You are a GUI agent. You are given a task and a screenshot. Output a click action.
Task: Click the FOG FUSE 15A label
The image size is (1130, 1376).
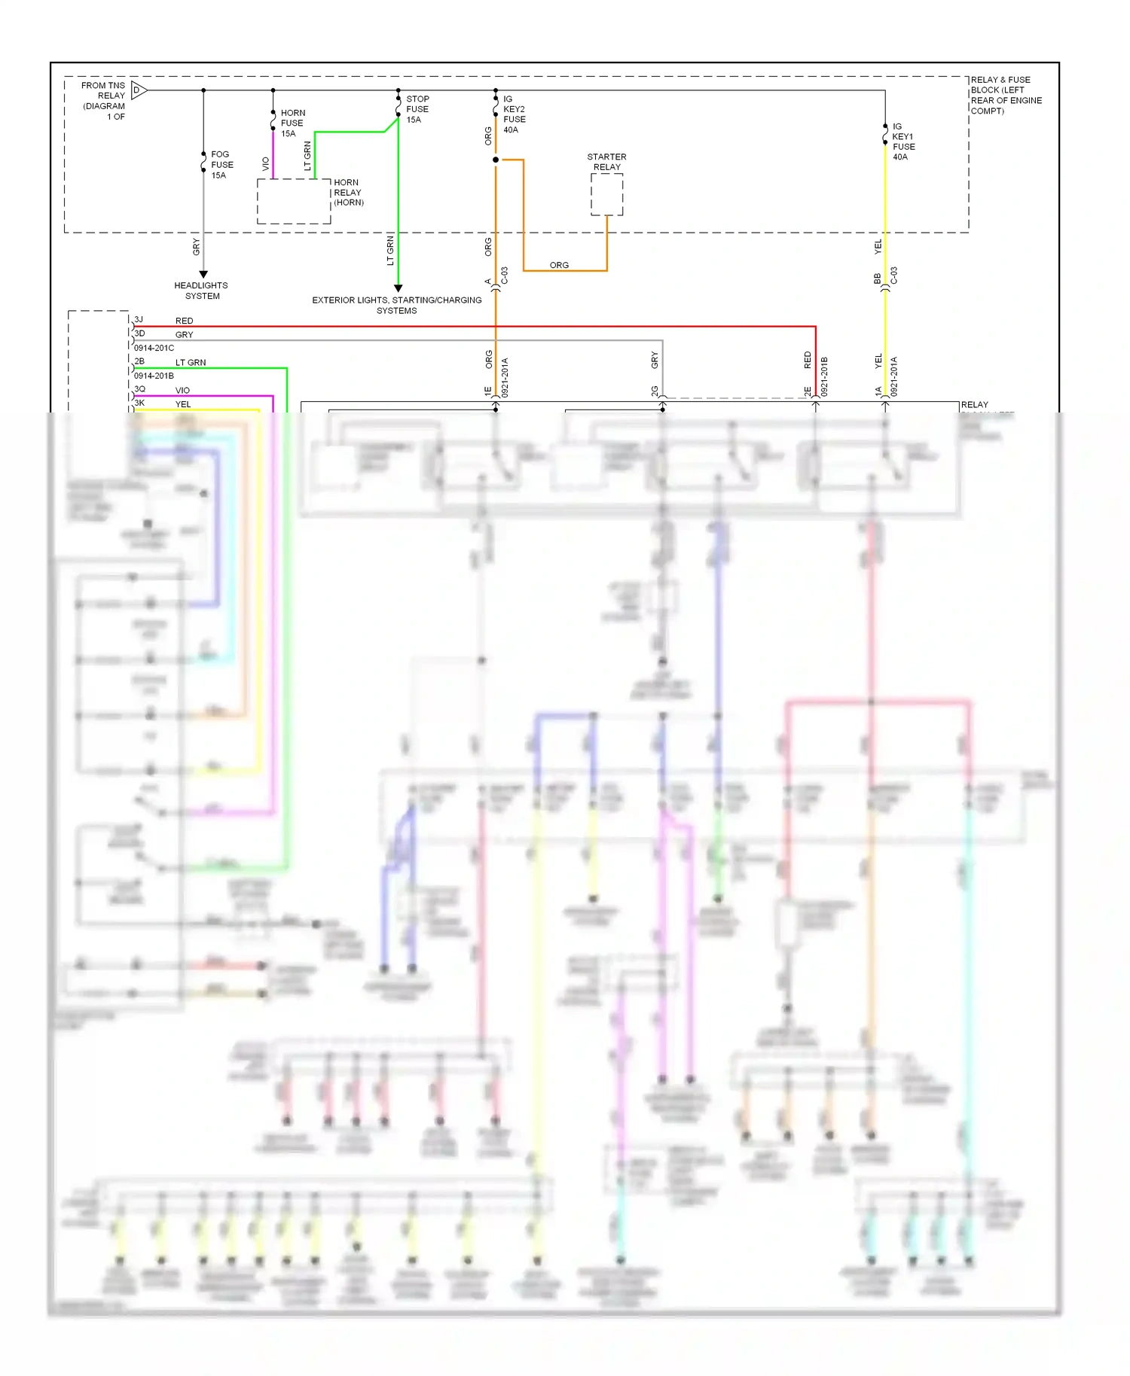point(221,165)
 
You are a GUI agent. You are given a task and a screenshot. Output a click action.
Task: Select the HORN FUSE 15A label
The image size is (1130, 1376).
point(292,123)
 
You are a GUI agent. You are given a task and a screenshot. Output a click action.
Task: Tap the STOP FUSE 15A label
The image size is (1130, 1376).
point(417,109)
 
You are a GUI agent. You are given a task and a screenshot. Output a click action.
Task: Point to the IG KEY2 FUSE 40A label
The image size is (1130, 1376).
point(514,114)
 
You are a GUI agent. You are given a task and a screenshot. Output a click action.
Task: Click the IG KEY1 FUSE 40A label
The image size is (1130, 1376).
point(902,142)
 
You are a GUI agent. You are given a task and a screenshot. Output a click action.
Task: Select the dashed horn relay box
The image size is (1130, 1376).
point(294,201)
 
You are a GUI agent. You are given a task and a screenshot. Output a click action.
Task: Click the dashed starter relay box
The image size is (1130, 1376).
point(606,194)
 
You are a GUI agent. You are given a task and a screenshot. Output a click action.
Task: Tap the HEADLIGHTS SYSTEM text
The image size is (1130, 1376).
point(201,291)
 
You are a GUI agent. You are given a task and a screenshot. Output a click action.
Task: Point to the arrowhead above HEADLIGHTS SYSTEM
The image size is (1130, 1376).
point(203,275)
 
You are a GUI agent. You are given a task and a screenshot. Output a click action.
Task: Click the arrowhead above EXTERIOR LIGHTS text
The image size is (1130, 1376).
point(399,288)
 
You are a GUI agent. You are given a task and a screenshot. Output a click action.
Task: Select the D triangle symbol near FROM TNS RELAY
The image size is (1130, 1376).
point(138,90)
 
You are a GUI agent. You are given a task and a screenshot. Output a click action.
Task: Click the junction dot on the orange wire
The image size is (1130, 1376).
point(496,160)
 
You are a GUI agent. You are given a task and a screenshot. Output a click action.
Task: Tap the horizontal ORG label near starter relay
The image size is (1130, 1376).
point(559,265)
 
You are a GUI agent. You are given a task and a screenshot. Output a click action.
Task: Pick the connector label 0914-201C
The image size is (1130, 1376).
point(154,348)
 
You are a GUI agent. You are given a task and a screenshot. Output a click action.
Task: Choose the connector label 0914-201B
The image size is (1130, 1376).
point(154,376)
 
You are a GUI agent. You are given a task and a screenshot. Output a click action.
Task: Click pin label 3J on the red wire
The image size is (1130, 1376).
point(139,319)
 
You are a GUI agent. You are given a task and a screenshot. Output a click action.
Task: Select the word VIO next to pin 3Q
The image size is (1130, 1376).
point(182,390)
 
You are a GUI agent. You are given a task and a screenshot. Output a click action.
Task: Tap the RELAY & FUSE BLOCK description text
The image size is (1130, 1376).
point(1005,95)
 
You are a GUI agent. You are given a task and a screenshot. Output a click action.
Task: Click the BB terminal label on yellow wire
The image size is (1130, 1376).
point(878,279)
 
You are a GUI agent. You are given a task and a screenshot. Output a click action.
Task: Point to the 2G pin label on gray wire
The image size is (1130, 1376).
point(655,391)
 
